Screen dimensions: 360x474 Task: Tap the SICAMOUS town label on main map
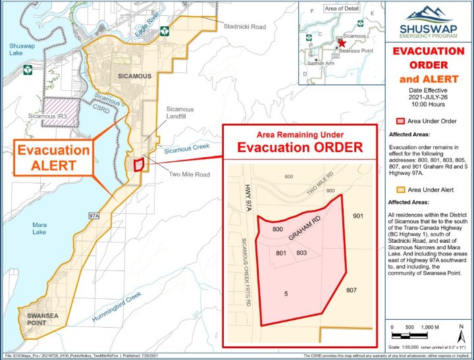134,76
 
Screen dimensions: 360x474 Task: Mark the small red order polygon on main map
139,165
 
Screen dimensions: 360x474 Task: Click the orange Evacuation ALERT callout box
53,157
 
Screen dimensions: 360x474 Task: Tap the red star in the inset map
341,41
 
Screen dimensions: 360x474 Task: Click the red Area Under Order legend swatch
399,121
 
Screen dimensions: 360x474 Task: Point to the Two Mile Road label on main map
189,174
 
